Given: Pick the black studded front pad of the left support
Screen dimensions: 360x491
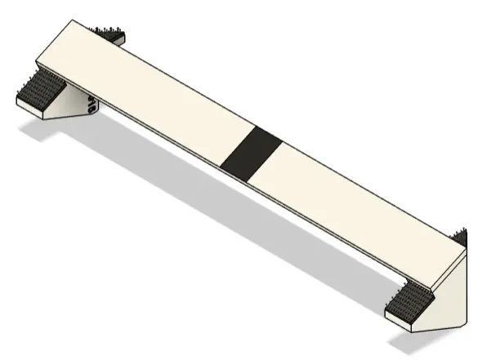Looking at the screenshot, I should (x=37, y=90).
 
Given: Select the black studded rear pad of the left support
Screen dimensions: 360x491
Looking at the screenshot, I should (x=111, y=35).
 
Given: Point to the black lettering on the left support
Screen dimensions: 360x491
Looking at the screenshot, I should (x=91, y=104).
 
